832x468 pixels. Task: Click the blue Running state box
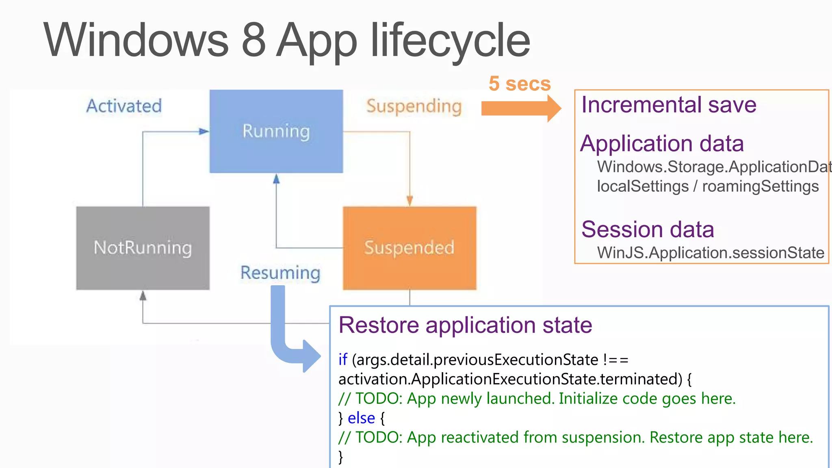tap(276, 131)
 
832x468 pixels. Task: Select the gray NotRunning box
tap(143, 248)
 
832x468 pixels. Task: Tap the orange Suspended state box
tap(409, 248)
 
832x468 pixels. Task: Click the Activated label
tap(124, 106)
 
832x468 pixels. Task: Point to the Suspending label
tap(414, 106)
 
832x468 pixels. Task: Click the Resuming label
tap(280, 273)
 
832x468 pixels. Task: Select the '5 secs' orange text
tap(519, 84)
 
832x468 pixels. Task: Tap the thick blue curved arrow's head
tap(311, 356)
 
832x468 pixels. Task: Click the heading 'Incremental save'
tap(669, 105)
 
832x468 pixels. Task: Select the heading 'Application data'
tap(662, 144)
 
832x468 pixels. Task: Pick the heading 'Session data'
tap(648, 230)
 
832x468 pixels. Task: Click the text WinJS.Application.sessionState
tap(710, 253)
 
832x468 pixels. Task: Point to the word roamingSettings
tap(760, 186)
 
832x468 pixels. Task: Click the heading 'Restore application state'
tap(465, 325)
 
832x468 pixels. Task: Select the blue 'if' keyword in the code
tap(342, 360)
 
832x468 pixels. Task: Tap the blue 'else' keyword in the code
tap(361, 418)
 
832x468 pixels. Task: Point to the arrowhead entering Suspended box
tap(409, 201)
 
